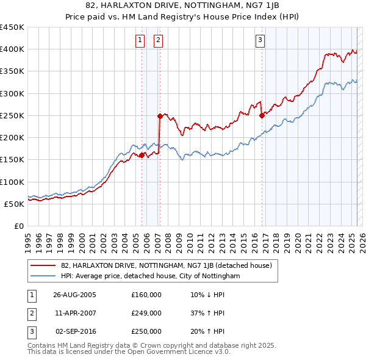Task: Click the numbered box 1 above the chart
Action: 140,40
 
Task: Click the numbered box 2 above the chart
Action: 158,40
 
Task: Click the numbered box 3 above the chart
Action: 260,40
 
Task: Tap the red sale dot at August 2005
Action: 142,156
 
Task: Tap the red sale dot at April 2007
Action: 159,116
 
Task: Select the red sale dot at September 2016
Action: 262,115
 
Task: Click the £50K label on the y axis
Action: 15,204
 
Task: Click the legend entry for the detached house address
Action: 170,265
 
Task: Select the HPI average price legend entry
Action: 150,276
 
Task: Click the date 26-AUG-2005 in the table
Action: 74,295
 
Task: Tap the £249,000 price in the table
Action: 146,313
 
